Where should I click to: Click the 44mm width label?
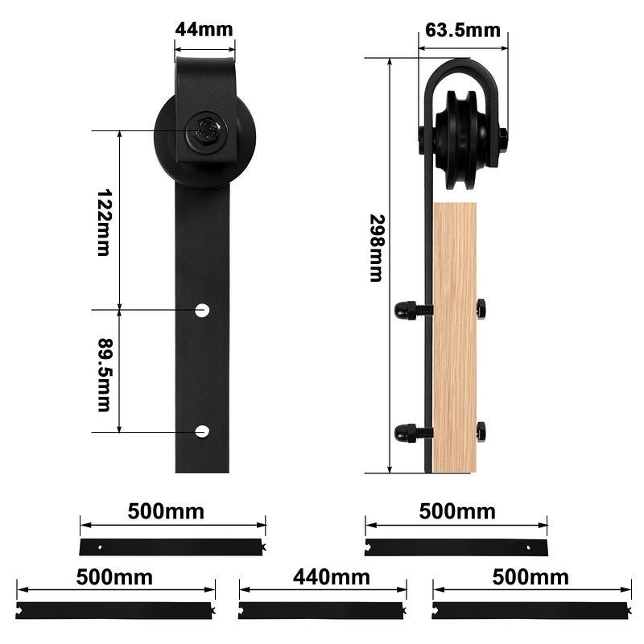204,30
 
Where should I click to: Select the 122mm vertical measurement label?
103,222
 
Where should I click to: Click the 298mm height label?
375,247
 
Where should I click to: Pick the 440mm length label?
331,577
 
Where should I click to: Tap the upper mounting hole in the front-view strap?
202,309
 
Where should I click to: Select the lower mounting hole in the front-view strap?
202,431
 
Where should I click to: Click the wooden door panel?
455,338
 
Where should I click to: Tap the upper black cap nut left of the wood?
406,310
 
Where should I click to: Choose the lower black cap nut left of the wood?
406,432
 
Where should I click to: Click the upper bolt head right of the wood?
481,309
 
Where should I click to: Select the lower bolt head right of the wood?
481,431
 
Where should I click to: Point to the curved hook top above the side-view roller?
462,68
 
